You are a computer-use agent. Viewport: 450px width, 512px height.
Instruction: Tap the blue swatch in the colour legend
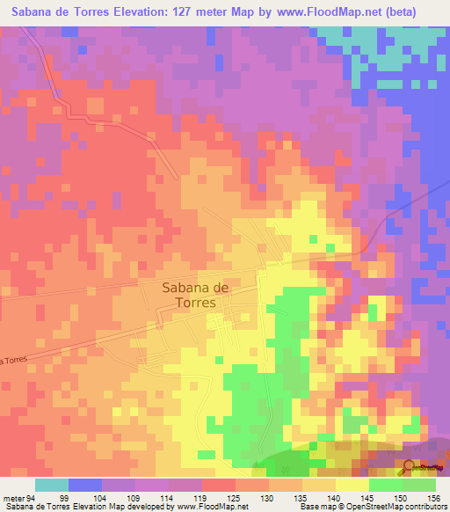[x=85, y=485]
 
